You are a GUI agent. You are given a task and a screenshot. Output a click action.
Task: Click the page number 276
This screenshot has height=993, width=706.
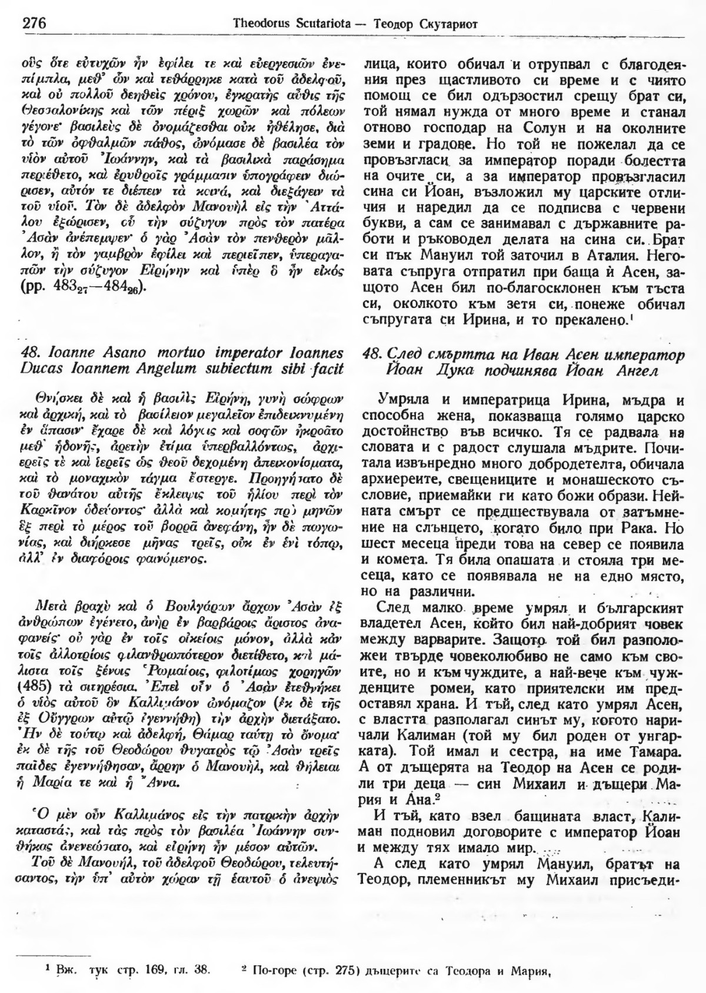point(34,24)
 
